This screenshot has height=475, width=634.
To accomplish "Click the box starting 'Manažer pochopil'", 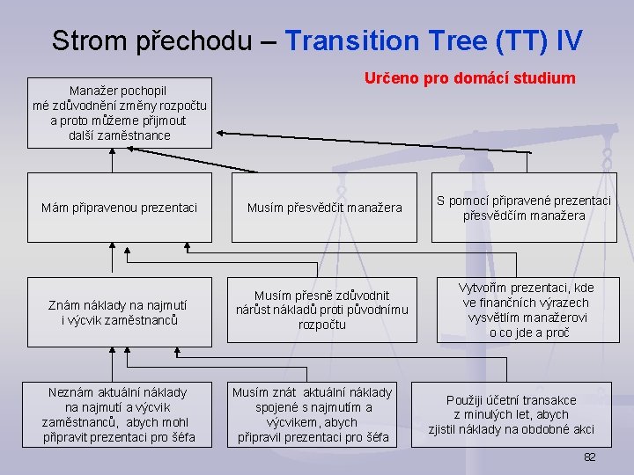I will point(120,113).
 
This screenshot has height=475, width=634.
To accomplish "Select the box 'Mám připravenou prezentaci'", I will point(120,208).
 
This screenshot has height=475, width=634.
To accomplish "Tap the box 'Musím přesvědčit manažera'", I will point(324,208).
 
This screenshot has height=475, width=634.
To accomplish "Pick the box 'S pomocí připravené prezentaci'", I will point(524,208).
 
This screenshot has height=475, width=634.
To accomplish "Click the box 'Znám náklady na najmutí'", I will point(120,312).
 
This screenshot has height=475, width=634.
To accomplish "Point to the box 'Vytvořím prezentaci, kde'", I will point(527,311).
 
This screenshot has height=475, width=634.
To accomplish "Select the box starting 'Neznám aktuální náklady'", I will point(120,414).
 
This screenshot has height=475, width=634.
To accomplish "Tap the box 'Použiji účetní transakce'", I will point(512,414).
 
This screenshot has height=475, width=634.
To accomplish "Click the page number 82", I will point(589,457).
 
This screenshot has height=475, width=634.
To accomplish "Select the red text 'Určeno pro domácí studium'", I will point(470,78).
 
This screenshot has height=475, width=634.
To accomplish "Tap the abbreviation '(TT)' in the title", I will point(526,40).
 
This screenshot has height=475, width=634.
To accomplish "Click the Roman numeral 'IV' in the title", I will point(571,40).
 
